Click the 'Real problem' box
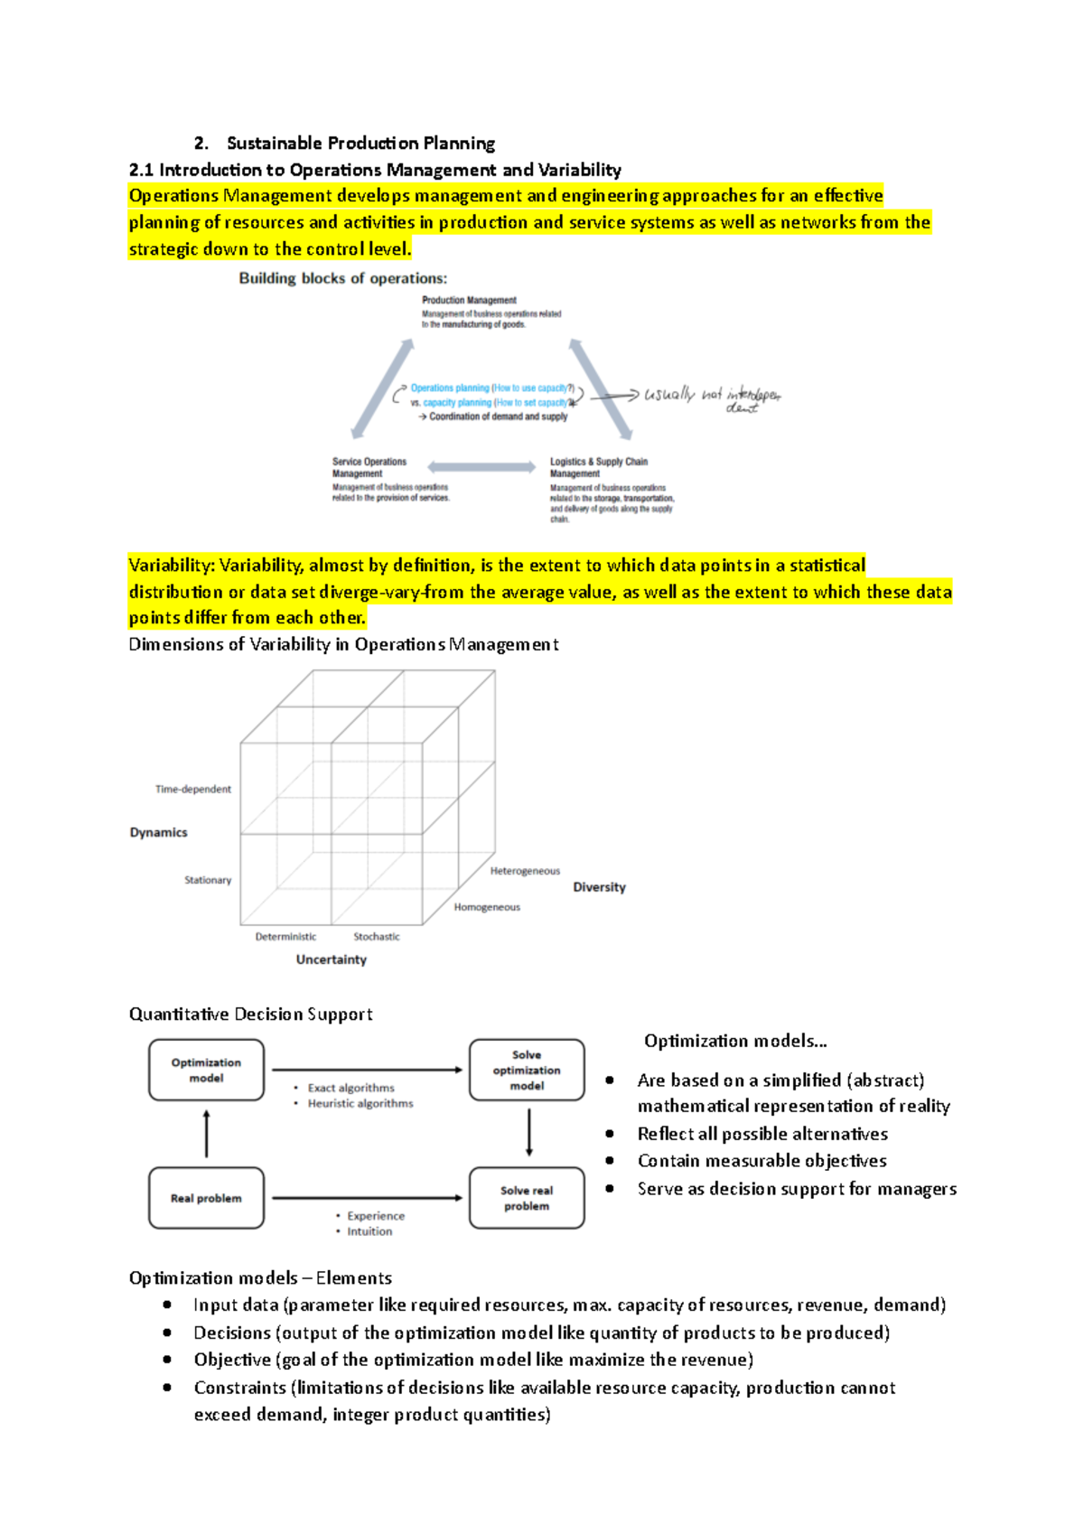click(206, 1198)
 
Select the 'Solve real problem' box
click(527, 1198)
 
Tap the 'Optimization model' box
click(206, 1070)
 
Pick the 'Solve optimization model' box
click(527, 1070)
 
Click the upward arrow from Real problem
click(207, 1134)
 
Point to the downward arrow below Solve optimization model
click(529, 1133)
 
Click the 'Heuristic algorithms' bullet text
click(360, 1103)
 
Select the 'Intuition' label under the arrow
click(369, 1231)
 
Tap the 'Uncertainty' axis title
click(331, 959)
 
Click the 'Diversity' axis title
click(599, 887)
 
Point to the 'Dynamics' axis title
click(158, 832)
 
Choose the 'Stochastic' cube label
click(376, 937)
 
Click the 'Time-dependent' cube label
click(192, 789)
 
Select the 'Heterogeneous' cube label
click(525, 871)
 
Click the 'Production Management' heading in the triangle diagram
click(469, 300)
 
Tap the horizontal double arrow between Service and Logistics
click(481, 467)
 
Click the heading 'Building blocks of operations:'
click(342, 278)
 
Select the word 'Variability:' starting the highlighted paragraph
click(171, 566)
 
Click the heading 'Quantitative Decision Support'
click(250, 1014)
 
